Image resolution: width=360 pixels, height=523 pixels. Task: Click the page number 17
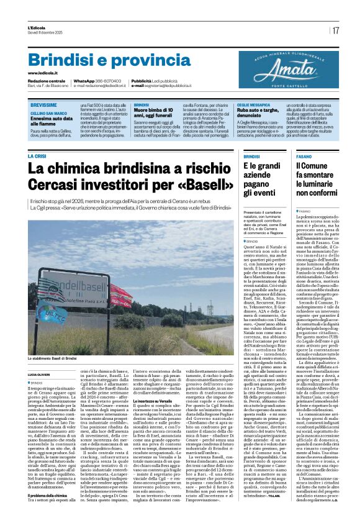tap(335, 30)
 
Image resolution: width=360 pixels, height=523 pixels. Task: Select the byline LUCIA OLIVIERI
tap(40, 375)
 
